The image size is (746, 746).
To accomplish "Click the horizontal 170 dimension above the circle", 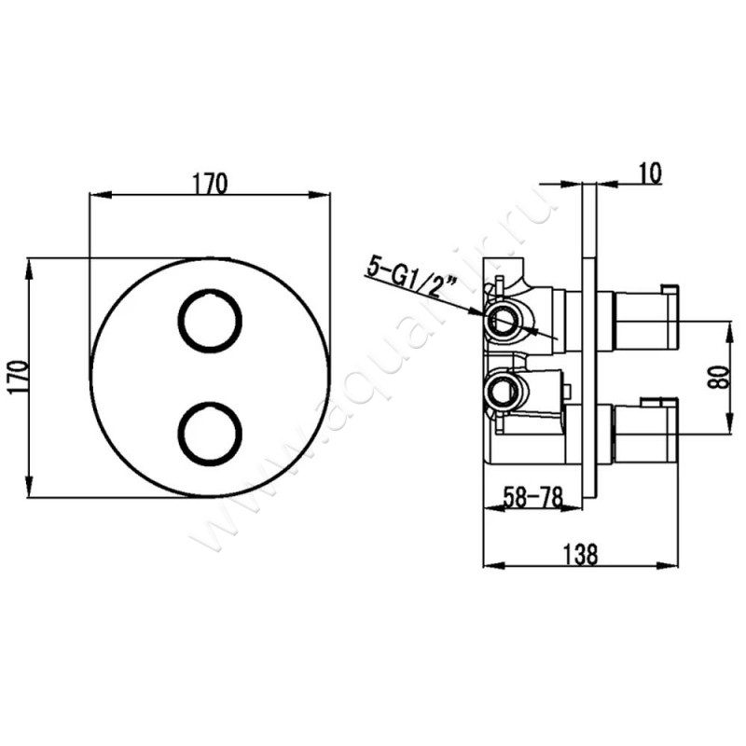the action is click(x=210, y=184).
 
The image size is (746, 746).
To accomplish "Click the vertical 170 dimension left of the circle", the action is click(x=18, y=378).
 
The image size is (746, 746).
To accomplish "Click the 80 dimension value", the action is click(x=718, y=378).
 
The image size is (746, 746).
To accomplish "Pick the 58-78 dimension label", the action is click(x=532, y=498).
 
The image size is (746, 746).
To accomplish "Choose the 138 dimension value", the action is click(x=579, y=554).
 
